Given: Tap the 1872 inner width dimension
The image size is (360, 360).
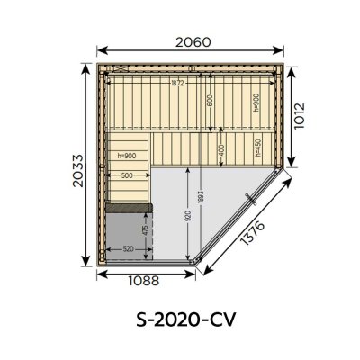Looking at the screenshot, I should tap(179, 84).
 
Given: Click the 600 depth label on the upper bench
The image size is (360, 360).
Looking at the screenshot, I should tap(210, 102).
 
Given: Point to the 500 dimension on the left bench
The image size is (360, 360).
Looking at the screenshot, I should tap(126, 175).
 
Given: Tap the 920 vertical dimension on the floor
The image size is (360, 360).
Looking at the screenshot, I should tap(186, 215).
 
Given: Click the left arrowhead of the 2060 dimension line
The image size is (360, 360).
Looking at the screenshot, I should tap(100, 50).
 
